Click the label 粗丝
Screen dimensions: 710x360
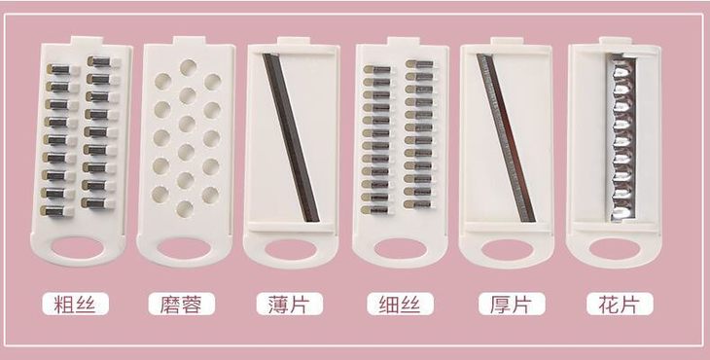coord(75,304)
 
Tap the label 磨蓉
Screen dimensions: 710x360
coord(182,304)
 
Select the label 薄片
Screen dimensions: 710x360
coord(290,304)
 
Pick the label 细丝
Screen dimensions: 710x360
coord(401,304)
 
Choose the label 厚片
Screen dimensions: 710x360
coord(512,304)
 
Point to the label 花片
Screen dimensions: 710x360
coord(620,304)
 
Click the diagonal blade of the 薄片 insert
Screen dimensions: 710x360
coord(291,137)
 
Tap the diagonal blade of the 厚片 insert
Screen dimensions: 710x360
coord(506,137)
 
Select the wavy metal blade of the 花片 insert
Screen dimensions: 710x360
coord(621,137)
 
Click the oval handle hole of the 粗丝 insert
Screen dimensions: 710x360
coord(77,248)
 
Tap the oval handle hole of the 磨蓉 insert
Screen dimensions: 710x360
coord(184,249)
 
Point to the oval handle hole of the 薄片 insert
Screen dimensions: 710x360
coord(291,249)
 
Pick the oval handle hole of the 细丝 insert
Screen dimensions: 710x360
coord(401,249)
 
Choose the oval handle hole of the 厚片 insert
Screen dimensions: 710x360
coord(507,250)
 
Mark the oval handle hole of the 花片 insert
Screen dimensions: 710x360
coord(615,249)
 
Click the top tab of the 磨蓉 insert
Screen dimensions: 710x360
coord(190,40)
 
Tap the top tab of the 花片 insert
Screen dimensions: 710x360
coord(616,40)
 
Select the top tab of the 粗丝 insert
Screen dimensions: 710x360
coord(87,40)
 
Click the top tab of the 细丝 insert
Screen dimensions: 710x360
coord(403,41)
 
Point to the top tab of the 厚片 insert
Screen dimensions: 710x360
coord(507,41)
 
